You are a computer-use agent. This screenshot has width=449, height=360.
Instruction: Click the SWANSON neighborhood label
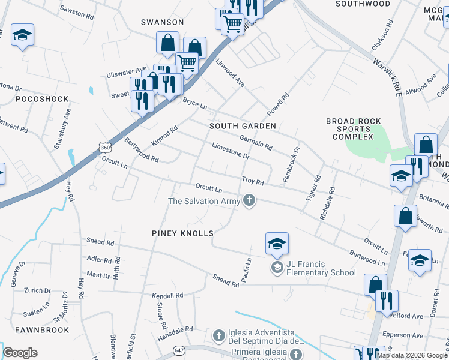pos(162,22)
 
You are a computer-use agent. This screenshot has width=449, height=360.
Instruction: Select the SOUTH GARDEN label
pos(243,126)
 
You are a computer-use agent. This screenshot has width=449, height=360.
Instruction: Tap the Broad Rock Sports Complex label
pos(354,129)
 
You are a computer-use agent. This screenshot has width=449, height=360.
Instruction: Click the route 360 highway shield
pos(104,147)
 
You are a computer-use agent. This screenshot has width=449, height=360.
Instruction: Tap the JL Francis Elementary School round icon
pos(277,267)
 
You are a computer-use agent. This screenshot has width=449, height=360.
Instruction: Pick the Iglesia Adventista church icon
pos(218,334)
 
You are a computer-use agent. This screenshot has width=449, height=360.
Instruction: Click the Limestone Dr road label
pos(231,151)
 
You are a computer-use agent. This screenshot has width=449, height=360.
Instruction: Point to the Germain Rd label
pos(256,143)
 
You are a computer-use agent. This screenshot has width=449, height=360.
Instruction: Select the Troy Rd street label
pos(253,181)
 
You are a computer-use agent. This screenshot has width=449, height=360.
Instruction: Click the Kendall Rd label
pos(167,296)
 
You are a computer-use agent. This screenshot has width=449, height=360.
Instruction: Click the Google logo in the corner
pos(20,353)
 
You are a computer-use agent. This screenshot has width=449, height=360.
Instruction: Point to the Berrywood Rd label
pos(142,151)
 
